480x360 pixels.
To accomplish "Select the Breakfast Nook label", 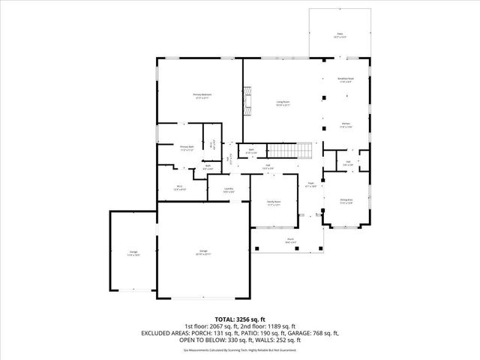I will tap(346, 79).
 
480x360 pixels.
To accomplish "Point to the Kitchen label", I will tap(346, 124).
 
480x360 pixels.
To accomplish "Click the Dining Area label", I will tap(346, 200).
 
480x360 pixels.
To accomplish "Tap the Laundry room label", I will tap(229, 189).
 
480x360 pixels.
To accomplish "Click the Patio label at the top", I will tap(340, 34).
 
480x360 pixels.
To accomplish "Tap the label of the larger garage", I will tap(203, 250).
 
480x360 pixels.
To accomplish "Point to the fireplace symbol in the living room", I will tap(248, 97).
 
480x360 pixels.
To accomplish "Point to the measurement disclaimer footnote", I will tap(240, 349).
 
